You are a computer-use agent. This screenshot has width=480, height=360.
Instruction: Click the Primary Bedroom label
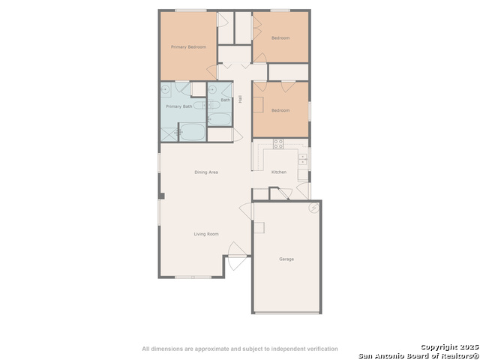pyautogui.click(x=188, y=46)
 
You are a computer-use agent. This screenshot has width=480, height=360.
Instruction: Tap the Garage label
pyautogui.click(x=286, y=259)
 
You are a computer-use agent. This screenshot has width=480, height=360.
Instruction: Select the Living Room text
pyautogui.click(x=206, y=234)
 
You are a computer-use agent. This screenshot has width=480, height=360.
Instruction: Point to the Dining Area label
pyautogui.click(x=206, y=172)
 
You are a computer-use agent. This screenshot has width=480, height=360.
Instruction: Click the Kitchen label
pyautogui.click(x=279, y=172)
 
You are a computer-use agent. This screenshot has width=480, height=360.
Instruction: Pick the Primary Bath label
pyautogui.click(x=179, y=106)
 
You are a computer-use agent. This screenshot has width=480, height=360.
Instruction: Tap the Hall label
pyautogui.click(x=240, y=99)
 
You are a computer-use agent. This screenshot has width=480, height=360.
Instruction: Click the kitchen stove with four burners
pyautogui.click(x=278, y=144)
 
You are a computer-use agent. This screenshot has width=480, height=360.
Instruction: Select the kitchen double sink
pyautogui.click(x=302, y=159)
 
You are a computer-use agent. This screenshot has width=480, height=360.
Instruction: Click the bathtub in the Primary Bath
pyautogui.click(x=192, y=132)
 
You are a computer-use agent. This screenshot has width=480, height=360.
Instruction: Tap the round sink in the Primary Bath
pyautogui.click(x=165, y=89)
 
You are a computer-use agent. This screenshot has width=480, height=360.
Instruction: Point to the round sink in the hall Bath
pyautogui.click(x=211, y=89)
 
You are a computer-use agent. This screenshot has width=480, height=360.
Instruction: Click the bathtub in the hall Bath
pyautogui.click(x=220, y=119)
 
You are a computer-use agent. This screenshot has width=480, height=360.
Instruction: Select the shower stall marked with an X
pyautogui.click(x=169, y=135)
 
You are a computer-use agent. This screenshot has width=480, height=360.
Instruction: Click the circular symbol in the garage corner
pyautogui.click(x=313, y=208)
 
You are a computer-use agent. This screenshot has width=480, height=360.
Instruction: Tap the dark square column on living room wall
pyautogui.click(x=161, y=196)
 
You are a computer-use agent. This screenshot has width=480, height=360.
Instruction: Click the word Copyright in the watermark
pyautogui.click(x=437, y=347)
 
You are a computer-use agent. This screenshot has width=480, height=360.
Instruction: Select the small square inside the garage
pyautogui.click(x=259, y=227)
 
